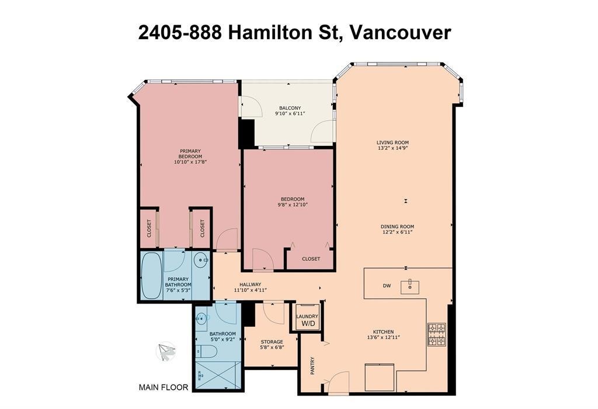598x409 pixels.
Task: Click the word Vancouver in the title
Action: [x=399, y=32]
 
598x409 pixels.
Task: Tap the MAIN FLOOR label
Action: [x=163, y=387]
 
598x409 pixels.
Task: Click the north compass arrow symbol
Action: [x=166, y=351]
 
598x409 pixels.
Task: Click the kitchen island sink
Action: [x=411, y=286]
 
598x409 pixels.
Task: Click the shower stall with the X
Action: [x=217, y=376]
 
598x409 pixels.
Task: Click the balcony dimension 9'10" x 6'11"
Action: [x=290, y=114]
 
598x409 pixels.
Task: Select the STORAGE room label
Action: [x=272, y=342]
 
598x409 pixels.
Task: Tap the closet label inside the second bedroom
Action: [x=311, y=258]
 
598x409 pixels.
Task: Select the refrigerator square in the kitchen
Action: [x=378, y=377]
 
